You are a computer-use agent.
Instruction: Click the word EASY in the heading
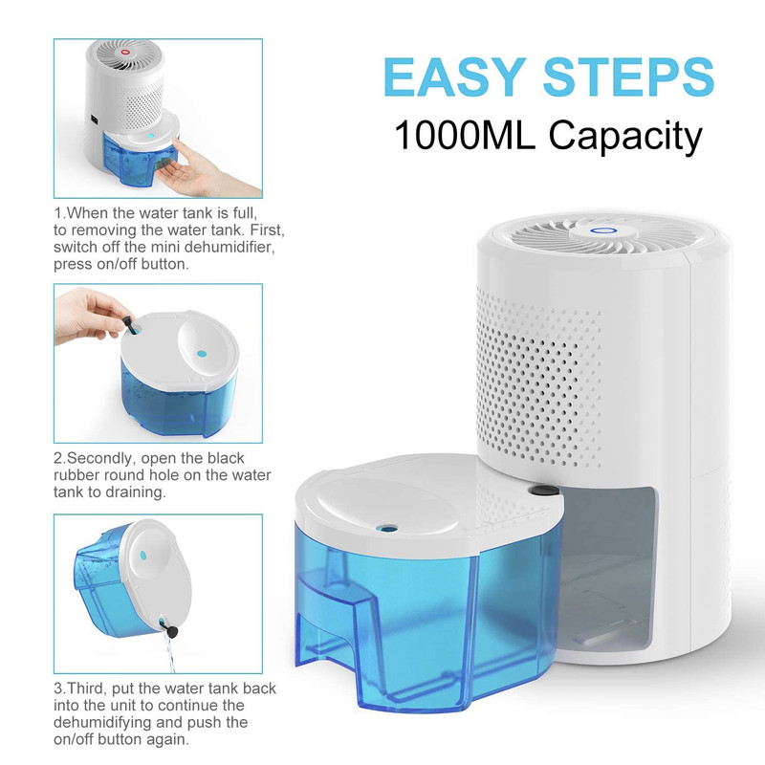click(455, 77)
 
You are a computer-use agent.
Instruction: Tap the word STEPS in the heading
click(628, 77)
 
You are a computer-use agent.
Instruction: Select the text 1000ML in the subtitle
click(465, 135)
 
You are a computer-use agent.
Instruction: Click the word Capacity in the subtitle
click(625, 138)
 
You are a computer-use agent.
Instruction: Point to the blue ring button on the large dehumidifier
click(596, 230)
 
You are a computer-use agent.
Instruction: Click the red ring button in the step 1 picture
click(125, 52)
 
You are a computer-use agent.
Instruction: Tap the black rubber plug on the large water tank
click(540, 491)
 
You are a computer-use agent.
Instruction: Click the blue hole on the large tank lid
click(387, 528)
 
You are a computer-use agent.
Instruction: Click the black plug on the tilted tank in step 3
click(172, 631)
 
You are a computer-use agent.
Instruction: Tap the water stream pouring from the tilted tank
click(169, 655)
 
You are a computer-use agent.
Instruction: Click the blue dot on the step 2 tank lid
click(201, 353)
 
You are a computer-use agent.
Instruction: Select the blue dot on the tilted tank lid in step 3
click(142, 555)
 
